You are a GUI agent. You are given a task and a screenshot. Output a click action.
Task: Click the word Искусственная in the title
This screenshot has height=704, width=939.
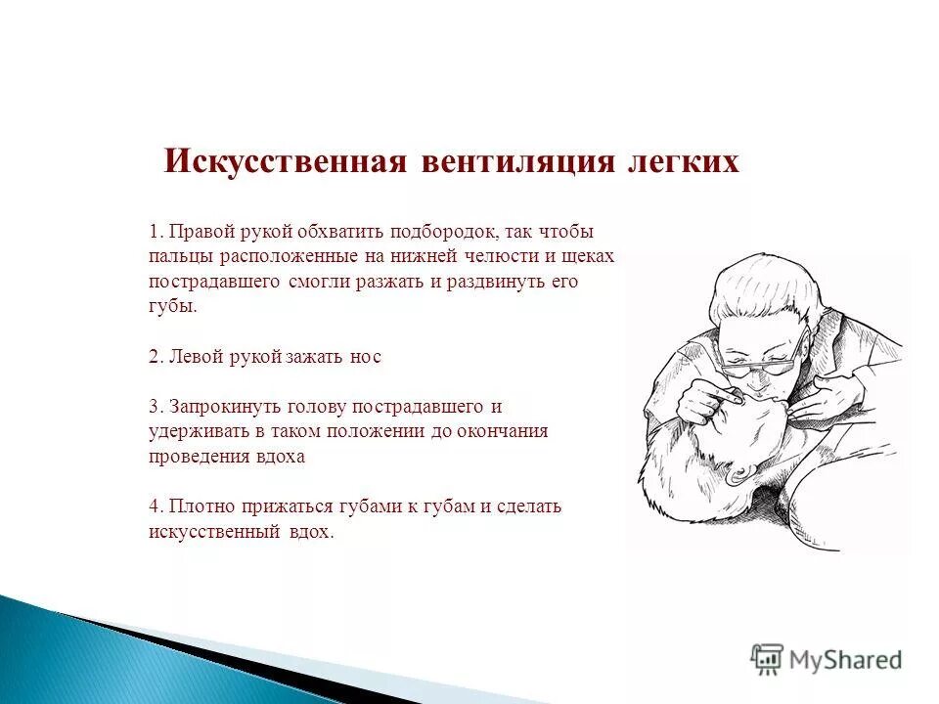285,161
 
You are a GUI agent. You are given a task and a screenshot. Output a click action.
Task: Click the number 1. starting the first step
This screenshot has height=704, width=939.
156,232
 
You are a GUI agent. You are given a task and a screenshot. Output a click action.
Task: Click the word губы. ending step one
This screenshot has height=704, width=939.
172,306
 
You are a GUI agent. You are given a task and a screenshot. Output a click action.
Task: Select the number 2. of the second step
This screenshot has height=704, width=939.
156,357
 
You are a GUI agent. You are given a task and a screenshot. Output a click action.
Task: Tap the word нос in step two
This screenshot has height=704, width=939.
365,357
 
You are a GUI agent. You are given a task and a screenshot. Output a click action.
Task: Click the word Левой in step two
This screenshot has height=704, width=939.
190,357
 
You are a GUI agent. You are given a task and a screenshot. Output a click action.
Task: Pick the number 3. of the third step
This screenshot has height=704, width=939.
156,406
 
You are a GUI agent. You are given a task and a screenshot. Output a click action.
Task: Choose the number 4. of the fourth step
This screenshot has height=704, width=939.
156,506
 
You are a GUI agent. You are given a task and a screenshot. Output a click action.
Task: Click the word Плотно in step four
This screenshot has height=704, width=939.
198,506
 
